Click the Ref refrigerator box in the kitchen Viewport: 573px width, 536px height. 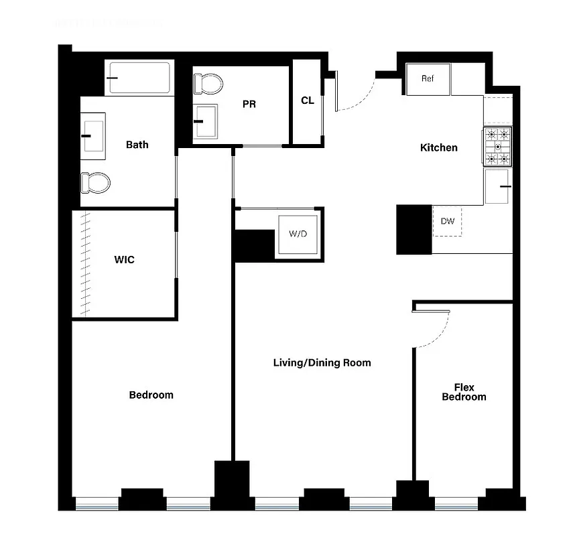click(428, 79)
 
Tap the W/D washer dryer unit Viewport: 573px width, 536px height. click(298, 234)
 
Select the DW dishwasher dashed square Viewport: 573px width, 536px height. click(447, 221)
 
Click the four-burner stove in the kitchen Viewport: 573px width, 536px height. click(497, 146)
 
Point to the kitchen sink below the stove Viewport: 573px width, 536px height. click(498, 186)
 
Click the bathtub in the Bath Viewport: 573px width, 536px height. click(139, 78)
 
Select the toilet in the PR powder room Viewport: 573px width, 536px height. click(208, 84)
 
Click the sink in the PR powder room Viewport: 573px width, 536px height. click(205, 121)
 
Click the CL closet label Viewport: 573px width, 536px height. click(308, 100)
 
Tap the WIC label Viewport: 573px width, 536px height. click(124, 259)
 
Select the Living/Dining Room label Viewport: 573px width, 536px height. click(322, 362)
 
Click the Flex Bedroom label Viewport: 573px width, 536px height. click(464, 392)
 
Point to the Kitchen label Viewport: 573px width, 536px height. click(438, 147)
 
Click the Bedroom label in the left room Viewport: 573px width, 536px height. click(151, 395)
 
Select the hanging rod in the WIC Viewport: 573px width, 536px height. click(86, 264)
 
